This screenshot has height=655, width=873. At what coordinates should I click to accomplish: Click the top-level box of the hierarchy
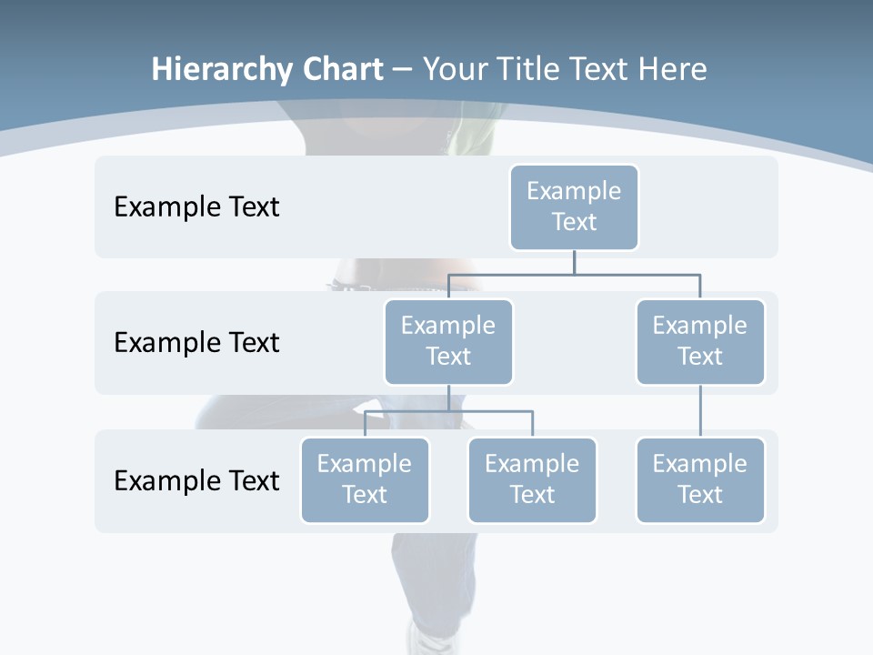(x=574, y=207)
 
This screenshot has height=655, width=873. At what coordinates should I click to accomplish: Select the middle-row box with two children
(x=448, y=341)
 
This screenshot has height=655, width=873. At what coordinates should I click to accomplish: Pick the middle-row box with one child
(x=699, y=341)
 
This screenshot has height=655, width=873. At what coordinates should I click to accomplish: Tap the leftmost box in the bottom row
(x=365, y=479)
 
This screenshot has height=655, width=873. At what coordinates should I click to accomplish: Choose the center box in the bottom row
(x=532, y=479)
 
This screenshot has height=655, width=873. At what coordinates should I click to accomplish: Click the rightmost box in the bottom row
(x=699, y=479)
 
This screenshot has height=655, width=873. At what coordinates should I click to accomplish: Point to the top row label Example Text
(x=196, y=207)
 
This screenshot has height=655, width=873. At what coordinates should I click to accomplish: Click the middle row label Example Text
(x=196, y=342)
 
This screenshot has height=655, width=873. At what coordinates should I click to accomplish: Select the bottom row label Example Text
(x=196, y=480)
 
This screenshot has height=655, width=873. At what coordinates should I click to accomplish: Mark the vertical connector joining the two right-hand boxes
(x=700, y=411)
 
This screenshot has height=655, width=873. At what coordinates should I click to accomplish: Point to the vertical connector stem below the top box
(x=574, y=262)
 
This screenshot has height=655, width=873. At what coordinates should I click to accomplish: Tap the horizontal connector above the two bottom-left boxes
(x=448, y=411)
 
